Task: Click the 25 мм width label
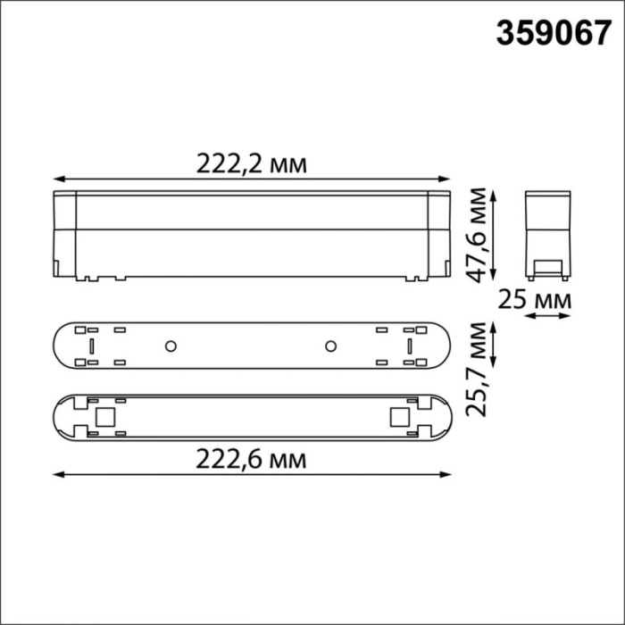point(535,301)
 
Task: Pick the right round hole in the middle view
point(329,345)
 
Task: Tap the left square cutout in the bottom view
point(104,417)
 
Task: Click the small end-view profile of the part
point(545,234)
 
